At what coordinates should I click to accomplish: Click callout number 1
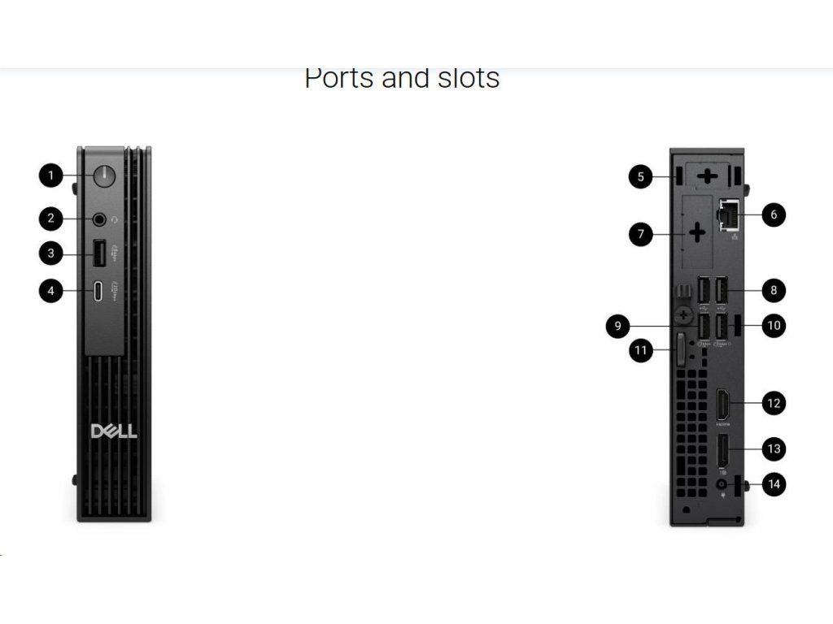(51, 175)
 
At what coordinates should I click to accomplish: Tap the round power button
(103, 175)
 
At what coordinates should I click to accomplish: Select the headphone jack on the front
(100, 219)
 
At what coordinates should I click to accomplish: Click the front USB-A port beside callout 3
(98, 254)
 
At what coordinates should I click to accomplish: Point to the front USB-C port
(98, 292)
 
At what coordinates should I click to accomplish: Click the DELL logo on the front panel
(114, 430)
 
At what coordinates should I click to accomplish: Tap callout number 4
(51, 292)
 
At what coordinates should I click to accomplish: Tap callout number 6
(774, 215)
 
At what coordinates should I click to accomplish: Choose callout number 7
(641, 235)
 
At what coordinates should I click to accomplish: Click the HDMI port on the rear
(722, 403)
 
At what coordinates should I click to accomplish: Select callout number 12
(774, 402)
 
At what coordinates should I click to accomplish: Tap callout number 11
(641, 351)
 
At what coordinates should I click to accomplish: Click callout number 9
(618, 327)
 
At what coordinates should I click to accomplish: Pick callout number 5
(641, 176)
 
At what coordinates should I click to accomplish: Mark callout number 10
(774, 326)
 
